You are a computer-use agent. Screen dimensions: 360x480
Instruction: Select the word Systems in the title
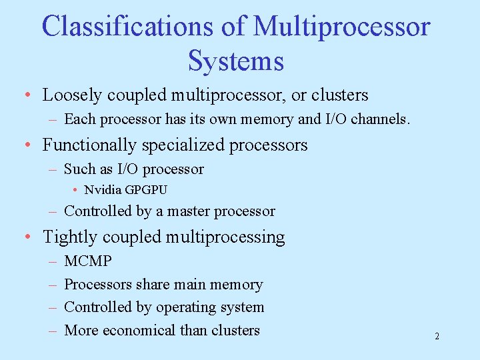tap(236, 61)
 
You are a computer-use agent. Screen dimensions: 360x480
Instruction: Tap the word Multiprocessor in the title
tap(342, 27)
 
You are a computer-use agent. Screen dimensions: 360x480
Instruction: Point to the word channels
tap(379, 119)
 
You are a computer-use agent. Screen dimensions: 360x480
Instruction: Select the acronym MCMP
tap(88, 261)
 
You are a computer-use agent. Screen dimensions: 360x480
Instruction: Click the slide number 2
tap(437, 336)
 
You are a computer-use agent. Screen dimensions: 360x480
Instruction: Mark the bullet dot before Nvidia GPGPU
tap(77, 190)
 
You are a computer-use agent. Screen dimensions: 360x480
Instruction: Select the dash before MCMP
tap(51, 261)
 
